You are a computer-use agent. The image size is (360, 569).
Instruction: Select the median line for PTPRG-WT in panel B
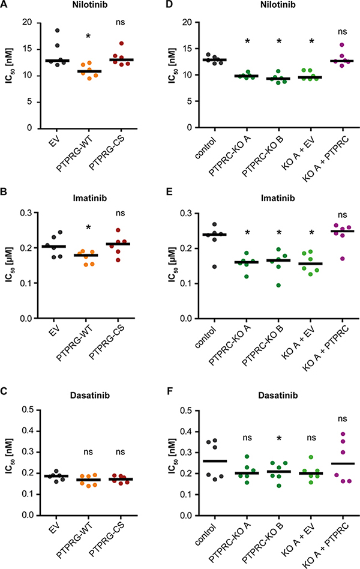pyautogui.click(x=88, y=255)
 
